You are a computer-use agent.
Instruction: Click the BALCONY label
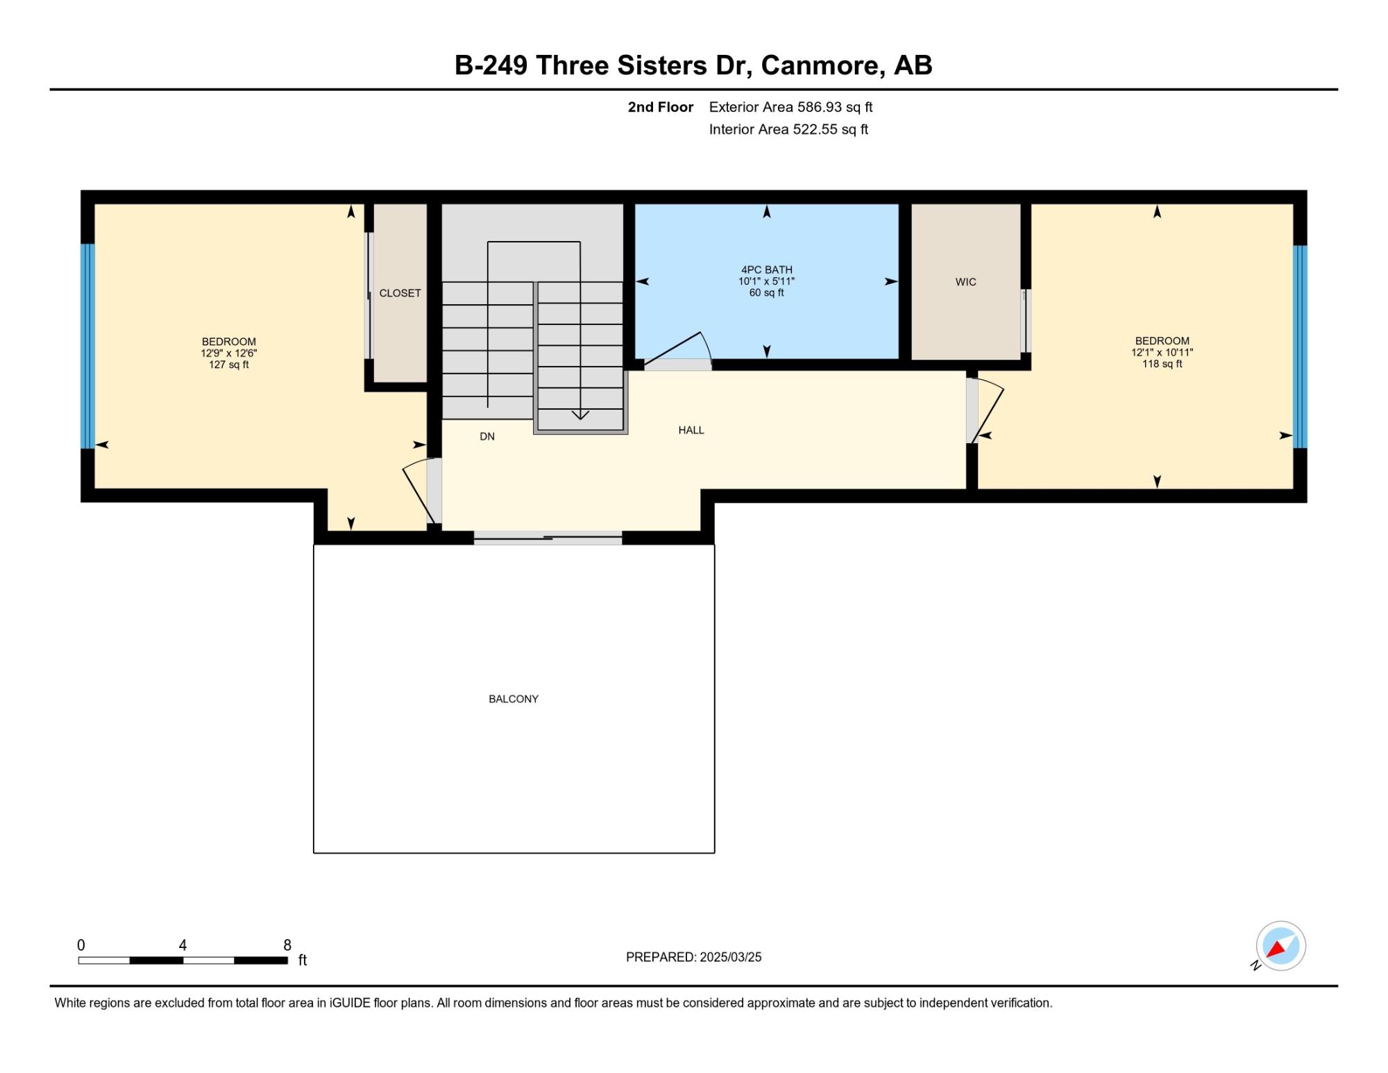[x=514, y=699]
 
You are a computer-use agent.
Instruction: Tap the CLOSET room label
[x=400, y=293]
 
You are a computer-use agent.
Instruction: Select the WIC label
[x=965, y=282]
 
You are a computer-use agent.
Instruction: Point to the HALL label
[x=691, y=430]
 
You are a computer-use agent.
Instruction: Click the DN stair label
[x=487, y=436]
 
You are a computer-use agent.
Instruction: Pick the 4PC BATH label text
[x=767, y=269]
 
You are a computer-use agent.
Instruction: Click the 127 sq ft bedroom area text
[x=229, y=365]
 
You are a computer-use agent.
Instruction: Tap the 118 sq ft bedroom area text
[x=1162, y=364]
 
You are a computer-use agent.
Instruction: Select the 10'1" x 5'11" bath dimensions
[x=766, y=281]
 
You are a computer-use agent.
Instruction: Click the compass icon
[x=1280, y=946]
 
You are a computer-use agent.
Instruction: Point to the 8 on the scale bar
[x=287, y=945]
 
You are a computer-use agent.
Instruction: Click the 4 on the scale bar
[x=183, y=945]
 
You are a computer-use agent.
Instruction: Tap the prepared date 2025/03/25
[x=730, y=957]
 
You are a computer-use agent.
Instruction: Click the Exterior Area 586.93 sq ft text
[x=790, y=107]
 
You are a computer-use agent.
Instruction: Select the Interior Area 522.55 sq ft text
[x=788, y=129]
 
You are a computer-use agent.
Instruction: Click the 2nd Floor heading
[x=661, y=107]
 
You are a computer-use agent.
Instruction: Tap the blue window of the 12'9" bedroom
[x=87, y=346]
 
